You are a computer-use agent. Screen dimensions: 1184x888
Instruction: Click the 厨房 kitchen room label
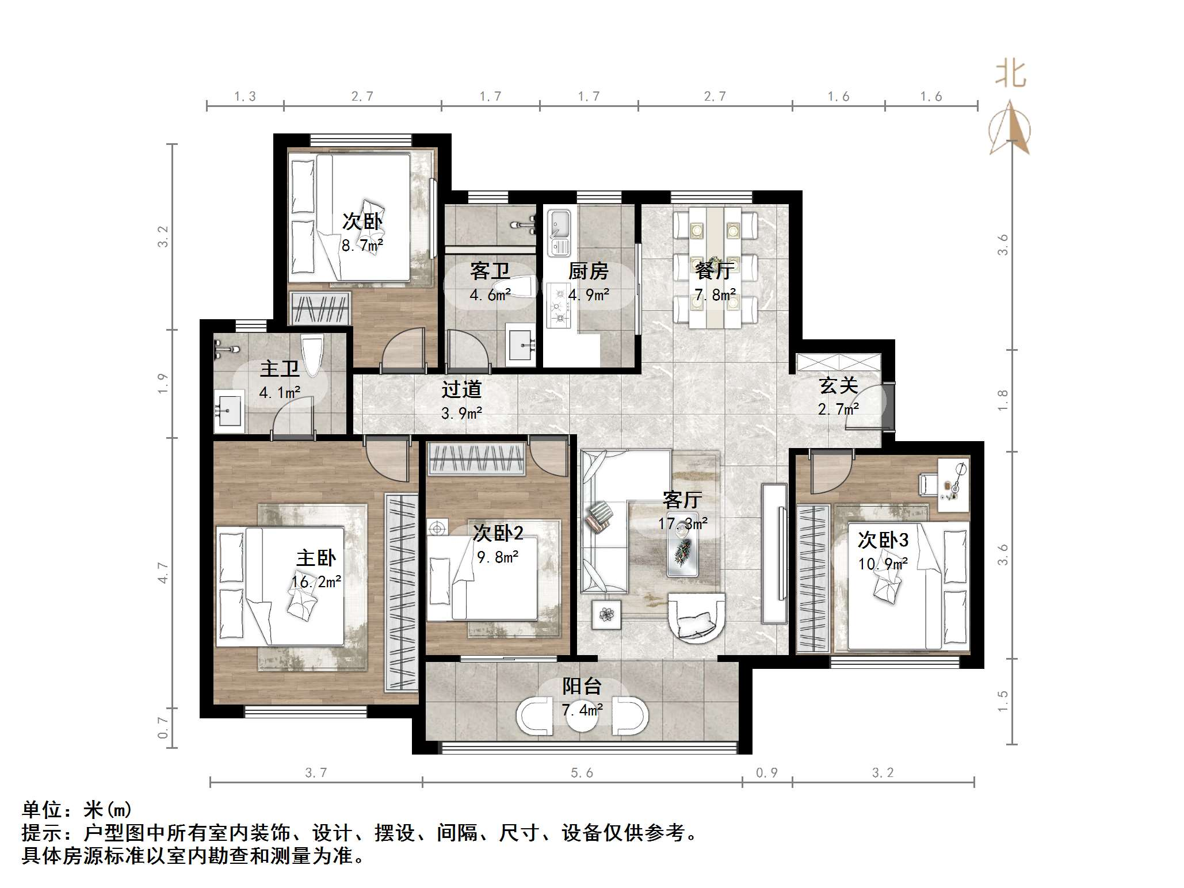(588, 271)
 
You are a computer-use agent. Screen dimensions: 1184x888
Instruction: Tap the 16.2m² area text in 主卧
(316, 582)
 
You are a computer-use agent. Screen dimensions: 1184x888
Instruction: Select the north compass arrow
(1010, 127)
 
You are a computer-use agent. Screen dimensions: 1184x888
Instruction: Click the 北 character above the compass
(1011, 74)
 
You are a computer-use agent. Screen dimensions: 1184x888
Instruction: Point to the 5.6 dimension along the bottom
(582, 772)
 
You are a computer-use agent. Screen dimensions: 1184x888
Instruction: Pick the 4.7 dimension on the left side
(163, 573)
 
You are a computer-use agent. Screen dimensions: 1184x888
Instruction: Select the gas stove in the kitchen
(558, 305)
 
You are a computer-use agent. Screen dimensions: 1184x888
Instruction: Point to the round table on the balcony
(582, 715)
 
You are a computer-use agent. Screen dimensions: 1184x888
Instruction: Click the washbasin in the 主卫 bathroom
(229, 411)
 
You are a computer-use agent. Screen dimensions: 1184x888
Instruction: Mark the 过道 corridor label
(461, 389)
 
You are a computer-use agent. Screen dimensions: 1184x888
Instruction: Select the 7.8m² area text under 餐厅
(715, 295)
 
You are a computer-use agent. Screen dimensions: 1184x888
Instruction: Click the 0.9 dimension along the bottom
(766, 772)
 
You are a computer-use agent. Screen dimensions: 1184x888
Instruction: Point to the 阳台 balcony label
(582, 686)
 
